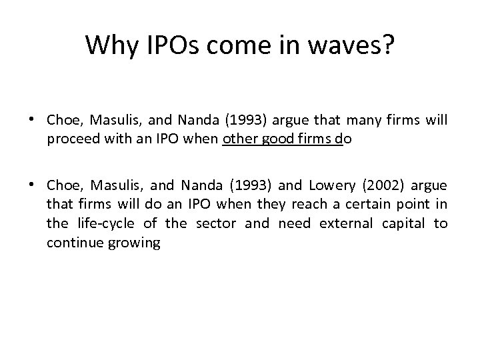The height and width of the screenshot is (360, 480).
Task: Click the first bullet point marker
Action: tap(31, 119)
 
